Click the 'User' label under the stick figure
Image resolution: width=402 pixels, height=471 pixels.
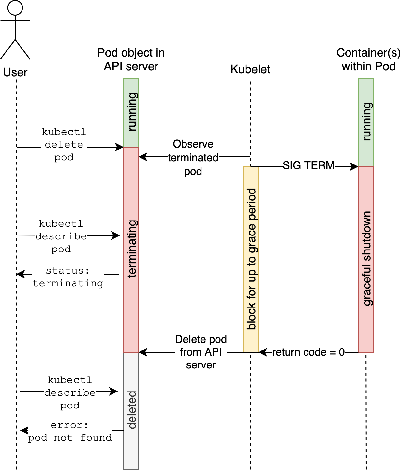tap(15, 72)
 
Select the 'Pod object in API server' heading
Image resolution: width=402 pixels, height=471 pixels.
tap(131, 60)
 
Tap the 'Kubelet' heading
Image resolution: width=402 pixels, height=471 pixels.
tap(250, 69)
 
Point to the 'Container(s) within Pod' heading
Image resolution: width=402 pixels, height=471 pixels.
tap(368, 60)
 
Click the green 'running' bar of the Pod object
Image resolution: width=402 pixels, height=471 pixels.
tap(131, 112)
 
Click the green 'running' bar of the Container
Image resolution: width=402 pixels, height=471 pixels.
tap(366, 122)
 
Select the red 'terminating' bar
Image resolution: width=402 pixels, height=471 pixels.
tap(131, 249)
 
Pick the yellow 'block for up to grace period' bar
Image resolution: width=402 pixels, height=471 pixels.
tap(251, 259)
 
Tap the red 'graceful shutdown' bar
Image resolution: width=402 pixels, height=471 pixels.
tap(366, 259)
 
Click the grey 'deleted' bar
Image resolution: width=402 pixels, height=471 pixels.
tap(131, 410)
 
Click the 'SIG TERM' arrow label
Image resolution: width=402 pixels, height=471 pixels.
tap(308, 165)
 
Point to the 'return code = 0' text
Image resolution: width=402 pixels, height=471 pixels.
tap(308, 352)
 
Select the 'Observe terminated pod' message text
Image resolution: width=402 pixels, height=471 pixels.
tap(193, 158)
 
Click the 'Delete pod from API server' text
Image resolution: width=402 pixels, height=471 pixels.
tap(201, 352)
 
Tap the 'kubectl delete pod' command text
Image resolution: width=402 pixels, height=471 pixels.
tap(64, 145)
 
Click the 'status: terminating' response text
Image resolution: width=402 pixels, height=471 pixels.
tap(68, 277)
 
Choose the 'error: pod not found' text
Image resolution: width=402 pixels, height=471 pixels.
tap(70, 432)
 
